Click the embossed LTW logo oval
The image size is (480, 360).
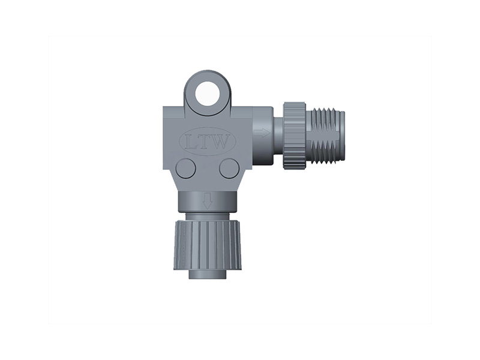pos(208,142)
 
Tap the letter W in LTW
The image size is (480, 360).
pos(222,143)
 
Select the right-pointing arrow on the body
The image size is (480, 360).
pos(262,133)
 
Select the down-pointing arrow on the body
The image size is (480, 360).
pos(207,201)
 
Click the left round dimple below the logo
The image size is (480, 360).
pos(185,168)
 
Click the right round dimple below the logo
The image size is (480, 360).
pos(229,168)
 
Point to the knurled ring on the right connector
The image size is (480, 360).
pos(294,136)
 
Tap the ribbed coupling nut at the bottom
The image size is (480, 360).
pos(207,244)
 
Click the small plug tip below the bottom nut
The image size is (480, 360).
pos(207,274)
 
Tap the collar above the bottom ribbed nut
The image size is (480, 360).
pos(207,215)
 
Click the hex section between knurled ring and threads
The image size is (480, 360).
pos(310,136)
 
